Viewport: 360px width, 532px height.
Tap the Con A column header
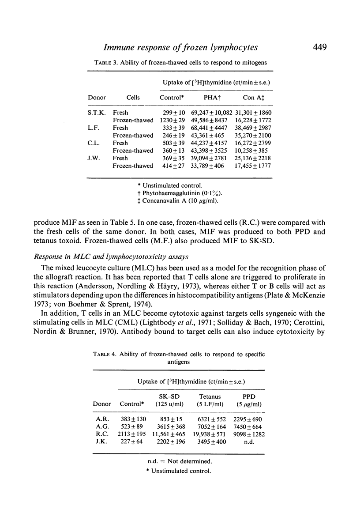[253, 98]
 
